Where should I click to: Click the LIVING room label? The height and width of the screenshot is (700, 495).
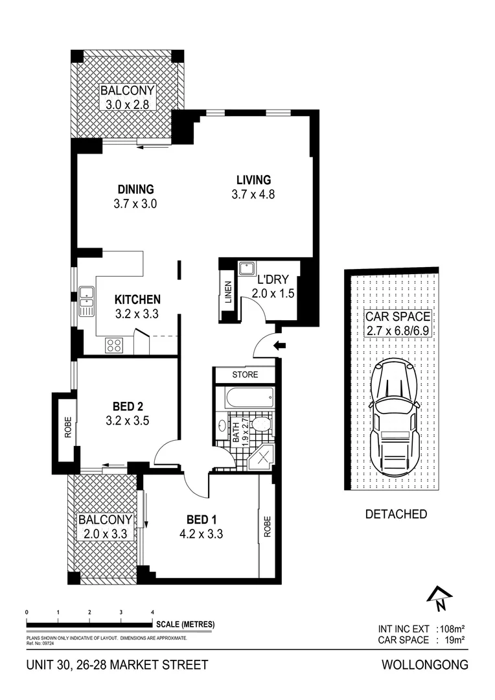[x=253, y=180]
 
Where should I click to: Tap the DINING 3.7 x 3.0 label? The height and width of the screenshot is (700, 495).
[x=135, y=196]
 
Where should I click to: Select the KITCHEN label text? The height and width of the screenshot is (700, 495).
[x=137, y=300]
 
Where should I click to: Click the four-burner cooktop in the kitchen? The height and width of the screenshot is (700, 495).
[x=115, y=345]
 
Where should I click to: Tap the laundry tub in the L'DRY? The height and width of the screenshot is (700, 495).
[x=247, y=269]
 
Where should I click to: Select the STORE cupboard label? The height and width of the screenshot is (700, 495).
[x=245, y=375]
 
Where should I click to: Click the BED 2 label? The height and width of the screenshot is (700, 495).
[x=128, y=406]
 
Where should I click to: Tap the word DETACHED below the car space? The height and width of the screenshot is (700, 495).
[x=396, y=514]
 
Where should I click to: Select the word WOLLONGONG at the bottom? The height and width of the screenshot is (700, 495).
[x=425, y=665]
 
